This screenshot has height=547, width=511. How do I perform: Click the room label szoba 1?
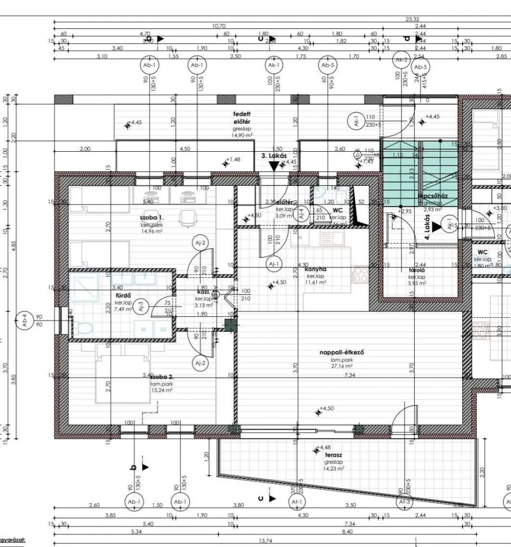click(152, 218)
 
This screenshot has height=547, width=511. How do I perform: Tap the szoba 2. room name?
click(162, 377)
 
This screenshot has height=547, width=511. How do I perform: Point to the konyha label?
click(315, 269)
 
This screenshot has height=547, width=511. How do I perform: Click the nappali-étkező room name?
click(342, 352)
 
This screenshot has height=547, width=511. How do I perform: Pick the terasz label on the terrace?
click(333, 455)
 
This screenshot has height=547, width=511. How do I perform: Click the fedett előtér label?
click(242, 118)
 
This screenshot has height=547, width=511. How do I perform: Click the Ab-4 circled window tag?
click(24, 321)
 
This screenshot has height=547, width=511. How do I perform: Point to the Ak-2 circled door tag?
click(401, 60)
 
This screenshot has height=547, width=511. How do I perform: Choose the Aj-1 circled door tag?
click(274, 264)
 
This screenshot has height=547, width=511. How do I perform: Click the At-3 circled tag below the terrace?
click(405, 502)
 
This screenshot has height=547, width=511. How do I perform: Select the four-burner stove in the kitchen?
click(361, 275)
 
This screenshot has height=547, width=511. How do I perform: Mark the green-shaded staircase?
click(420, 171)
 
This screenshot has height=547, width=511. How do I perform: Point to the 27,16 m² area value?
click(341, 366)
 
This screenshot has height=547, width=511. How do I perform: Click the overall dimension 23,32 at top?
click(412, 19)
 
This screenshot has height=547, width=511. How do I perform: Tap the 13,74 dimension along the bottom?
click(266, 541)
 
